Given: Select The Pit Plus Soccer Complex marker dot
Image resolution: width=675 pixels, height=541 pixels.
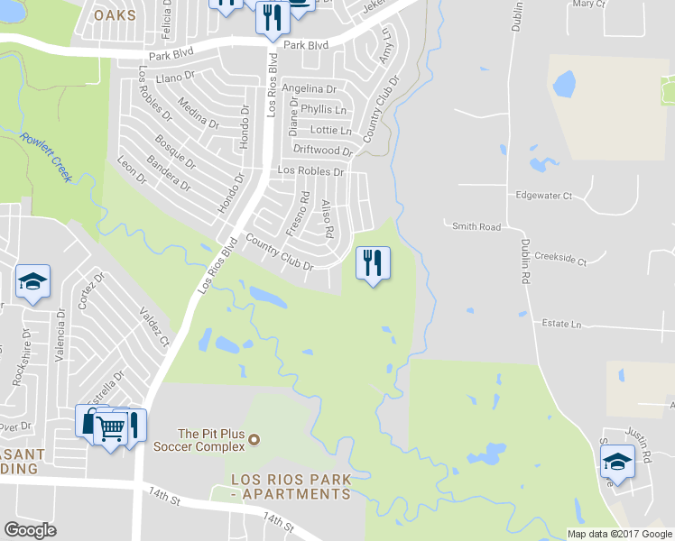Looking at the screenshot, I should point(254,440).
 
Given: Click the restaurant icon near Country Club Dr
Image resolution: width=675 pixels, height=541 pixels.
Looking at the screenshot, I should point(373,263).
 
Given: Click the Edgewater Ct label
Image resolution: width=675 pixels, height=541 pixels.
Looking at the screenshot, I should point(543,195).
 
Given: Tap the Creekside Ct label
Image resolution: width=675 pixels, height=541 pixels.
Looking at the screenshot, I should point(560,261).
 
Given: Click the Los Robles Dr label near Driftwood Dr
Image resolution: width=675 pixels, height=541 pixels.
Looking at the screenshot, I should point(311,171).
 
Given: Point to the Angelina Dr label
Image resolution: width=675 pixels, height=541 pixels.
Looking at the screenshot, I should point(309,89).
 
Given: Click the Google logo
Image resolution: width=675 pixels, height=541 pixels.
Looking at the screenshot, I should point(30,530).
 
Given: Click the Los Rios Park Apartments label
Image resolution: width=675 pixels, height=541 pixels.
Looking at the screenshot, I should point(290,486).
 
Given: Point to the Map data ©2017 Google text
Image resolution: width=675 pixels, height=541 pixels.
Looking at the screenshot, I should point(618,534).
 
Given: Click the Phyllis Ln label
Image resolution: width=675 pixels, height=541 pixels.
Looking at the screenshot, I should point(323,109).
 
